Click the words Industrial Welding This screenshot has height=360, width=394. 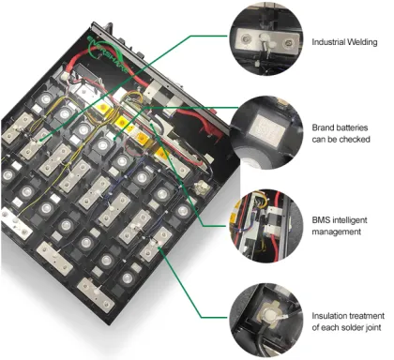point(344,42)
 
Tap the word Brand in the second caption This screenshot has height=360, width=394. point(324,127)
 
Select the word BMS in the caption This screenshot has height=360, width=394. point(320,220)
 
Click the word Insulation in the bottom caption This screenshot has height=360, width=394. point(329,316)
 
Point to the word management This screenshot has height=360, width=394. point(337,232)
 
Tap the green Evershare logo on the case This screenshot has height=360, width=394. point(103,52)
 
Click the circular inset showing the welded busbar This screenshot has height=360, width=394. point(266,39)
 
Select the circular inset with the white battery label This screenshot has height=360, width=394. point(266,132)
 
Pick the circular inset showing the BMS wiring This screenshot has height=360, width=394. point(266,226)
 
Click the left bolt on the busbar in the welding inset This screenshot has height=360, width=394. point(245,38)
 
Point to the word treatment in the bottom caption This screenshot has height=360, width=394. point(367,316)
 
